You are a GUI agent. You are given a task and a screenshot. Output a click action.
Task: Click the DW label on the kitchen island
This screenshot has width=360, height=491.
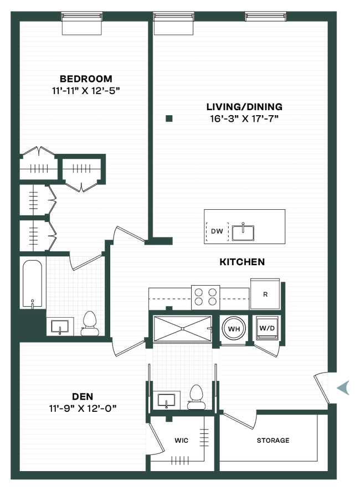217,232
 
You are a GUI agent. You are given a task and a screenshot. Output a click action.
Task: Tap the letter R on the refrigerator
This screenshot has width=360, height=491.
265,294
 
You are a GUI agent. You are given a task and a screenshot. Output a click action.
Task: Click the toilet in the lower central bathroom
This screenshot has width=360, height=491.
196,397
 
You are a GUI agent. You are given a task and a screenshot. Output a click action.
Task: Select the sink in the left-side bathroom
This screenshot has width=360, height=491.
60,327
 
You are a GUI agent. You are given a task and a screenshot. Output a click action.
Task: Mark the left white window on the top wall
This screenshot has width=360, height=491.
81,28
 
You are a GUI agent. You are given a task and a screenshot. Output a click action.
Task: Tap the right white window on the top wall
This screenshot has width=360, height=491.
173,28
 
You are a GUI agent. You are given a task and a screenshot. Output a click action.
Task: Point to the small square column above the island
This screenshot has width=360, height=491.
169,118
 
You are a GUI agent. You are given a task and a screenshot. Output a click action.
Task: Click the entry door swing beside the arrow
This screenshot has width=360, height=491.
321,388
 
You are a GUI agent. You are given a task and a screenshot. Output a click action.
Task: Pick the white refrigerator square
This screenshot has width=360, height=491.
265,294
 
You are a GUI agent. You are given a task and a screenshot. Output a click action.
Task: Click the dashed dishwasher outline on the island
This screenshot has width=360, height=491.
217,232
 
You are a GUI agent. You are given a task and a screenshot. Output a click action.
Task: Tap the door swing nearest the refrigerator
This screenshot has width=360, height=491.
266,352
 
